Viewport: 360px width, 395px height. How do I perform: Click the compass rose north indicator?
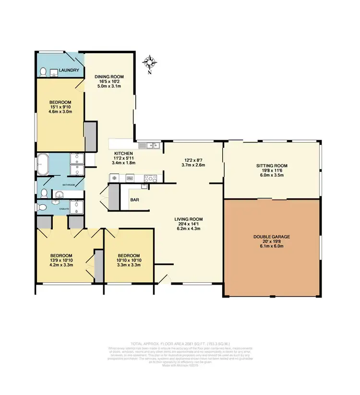tap(150, 63)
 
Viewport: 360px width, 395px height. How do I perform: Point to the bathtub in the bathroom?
tap(43, 164)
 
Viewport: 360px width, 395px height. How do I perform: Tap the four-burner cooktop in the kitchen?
tap(150, 178)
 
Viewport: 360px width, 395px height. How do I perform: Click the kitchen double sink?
tap(149, 145)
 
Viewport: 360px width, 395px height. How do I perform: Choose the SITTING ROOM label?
tap(271, 166)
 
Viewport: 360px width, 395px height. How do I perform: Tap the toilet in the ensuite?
tap(42, 207)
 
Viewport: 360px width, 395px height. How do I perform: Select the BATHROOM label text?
tap(68, 185)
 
